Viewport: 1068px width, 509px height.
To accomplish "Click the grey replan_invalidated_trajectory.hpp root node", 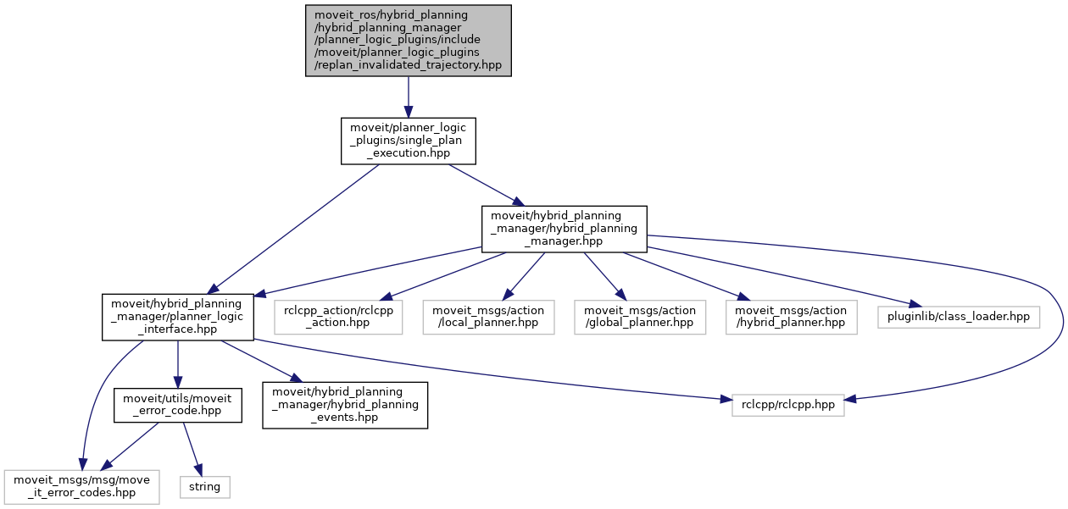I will click(x=409, y=41).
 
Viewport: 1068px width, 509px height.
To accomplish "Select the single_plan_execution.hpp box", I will click(x=408, y=141).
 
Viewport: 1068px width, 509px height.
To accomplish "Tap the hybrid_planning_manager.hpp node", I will click(x=564, y=229).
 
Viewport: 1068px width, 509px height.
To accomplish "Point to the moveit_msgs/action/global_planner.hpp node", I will click(x=639, y=318).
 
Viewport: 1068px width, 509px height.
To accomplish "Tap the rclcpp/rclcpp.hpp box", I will click(x=788, y=405).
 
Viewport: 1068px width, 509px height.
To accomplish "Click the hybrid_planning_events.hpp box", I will click(x=345, y=405).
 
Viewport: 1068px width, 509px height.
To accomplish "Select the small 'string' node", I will click(x=204, y=487).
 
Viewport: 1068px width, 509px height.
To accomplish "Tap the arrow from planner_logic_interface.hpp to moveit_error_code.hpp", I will click(x=177, y=364).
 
